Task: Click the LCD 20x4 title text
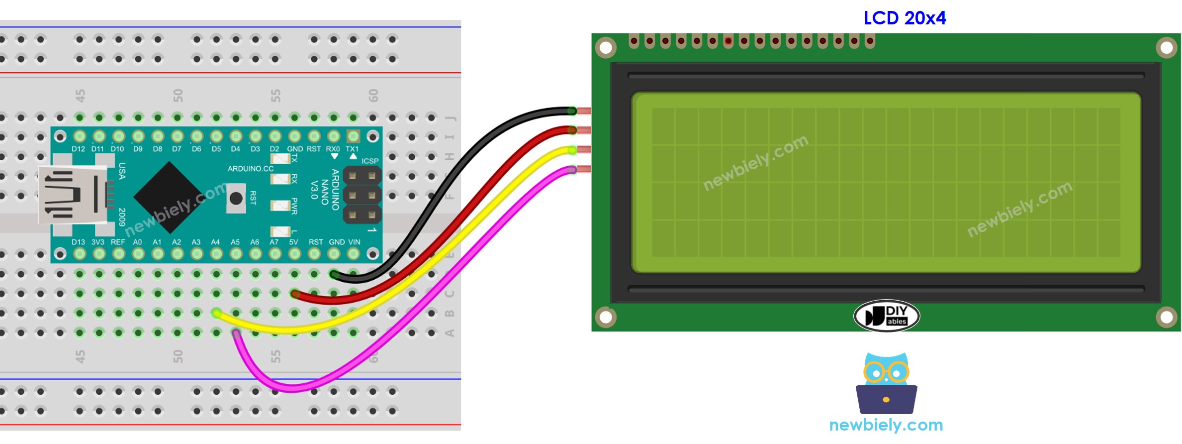904,18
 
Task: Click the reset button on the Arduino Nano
236,198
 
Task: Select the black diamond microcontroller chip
170,197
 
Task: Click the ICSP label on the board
370,161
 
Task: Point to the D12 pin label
78,149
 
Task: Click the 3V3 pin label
98,242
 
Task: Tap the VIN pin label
354,242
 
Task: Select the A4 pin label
215,242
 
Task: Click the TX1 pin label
352,149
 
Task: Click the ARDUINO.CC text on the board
251,169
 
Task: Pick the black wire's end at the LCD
572,111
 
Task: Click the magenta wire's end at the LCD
572,170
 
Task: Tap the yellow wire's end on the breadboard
216,313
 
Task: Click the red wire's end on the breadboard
295,294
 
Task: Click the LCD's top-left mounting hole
606,48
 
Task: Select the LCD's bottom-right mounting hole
1166,317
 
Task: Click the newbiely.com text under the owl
886,425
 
